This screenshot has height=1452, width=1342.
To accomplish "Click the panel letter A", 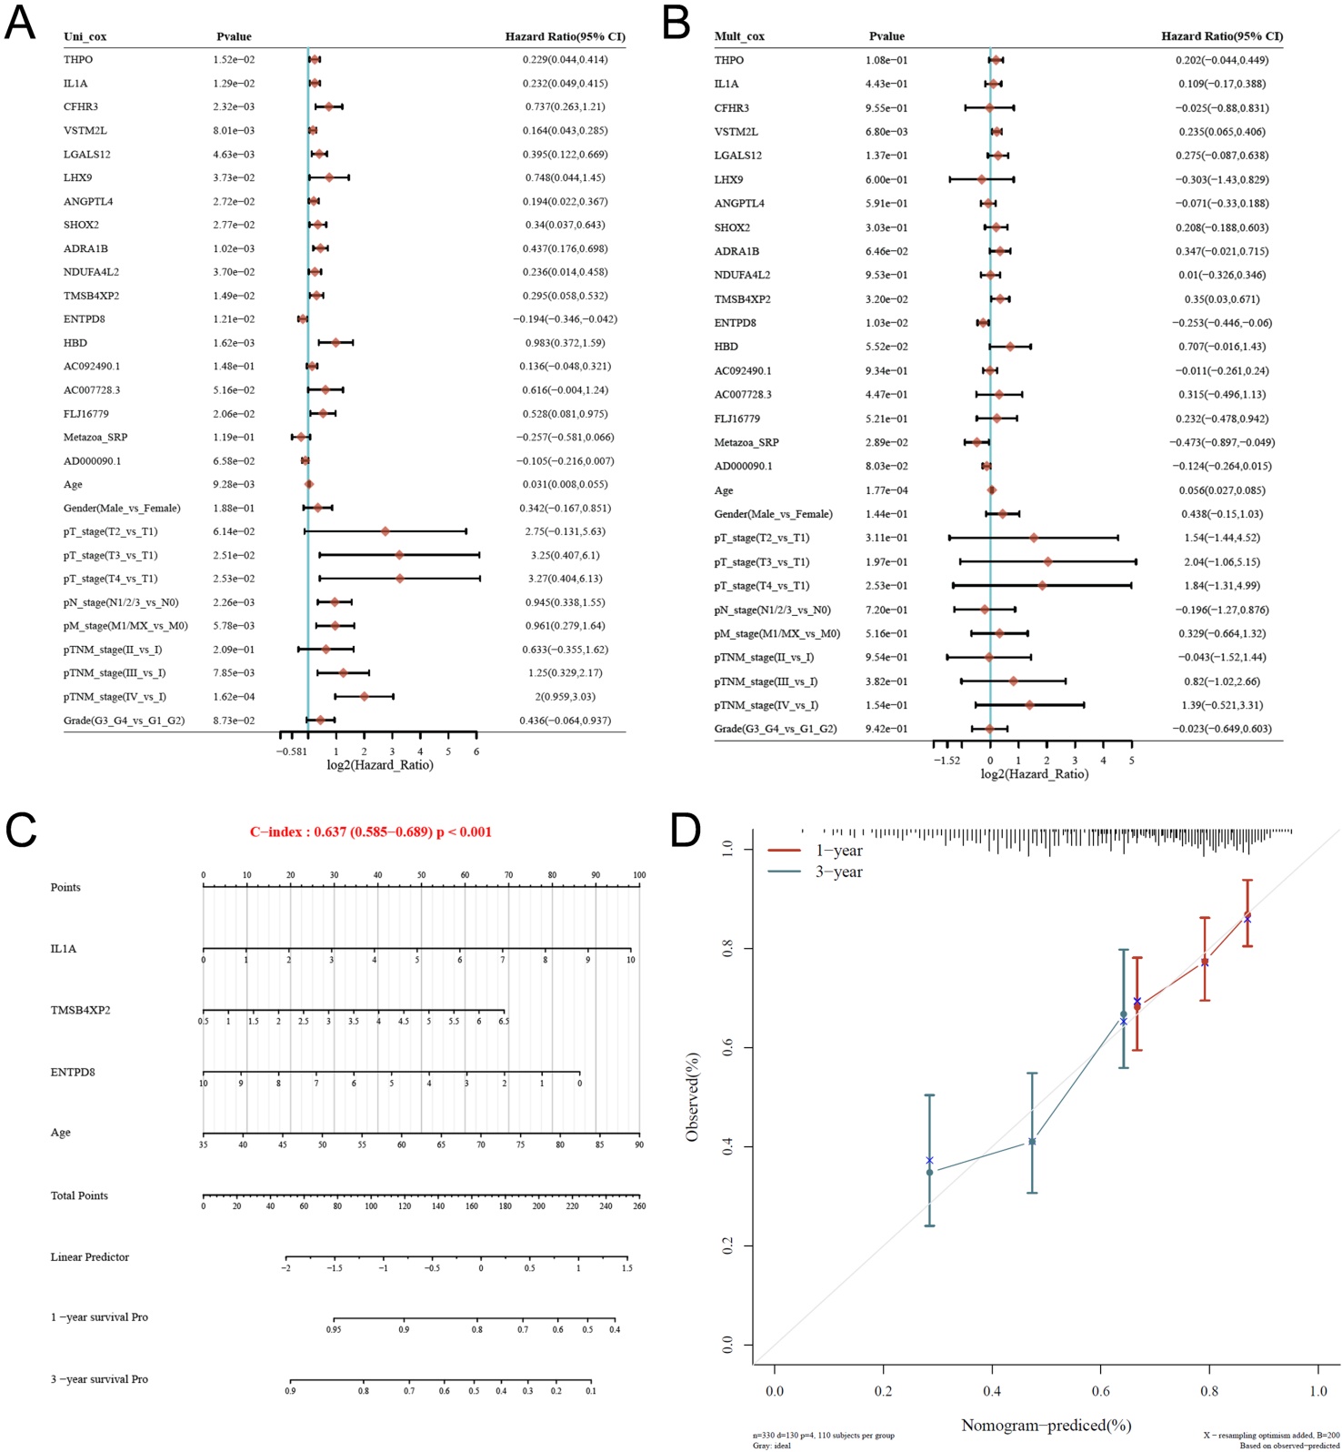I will pos(20,22).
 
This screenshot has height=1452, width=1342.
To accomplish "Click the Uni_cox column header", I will pos(85,37).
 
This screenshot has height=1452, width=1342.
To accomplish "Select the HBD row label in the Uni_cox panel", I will pos(76,343).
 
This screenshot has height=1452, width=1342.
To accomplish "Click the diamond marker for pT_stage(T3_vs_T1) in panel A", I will pos(399,555).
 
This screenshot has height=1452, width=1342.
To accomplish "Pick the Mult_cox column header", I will pos(739,37).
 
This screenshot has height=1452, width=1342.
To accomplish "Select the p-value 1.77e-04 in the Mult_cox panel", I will pos(886,490).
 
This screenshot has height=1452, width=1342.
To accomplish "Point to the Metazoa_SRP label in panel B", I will pos(746,442).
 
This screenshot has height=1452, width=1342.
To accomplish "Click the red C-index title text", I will pos(371,832).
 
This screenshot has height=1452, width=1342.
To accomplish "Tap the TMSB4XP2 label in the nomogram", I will pos(81,1011).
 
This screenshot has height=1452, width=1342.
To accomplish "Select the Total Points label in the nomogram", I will pos(79,1195).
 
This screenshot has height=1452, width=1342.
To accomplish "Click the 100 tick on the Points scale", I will pos(639,875).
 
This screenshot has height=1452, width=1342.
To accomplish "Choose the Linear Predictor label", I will pos(90,1257).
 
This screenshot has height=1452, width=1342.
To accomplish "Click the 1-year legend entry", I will pos(838,851).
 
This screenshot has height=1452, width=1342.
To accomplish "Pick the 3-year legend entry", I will pos(838,872).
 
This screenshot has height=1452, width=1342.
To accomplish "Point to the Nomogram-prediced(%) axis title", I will pos(1046,1425).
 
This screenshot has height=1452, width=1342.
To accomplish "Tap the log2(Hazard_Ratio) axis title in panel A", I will pos(380,765).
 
